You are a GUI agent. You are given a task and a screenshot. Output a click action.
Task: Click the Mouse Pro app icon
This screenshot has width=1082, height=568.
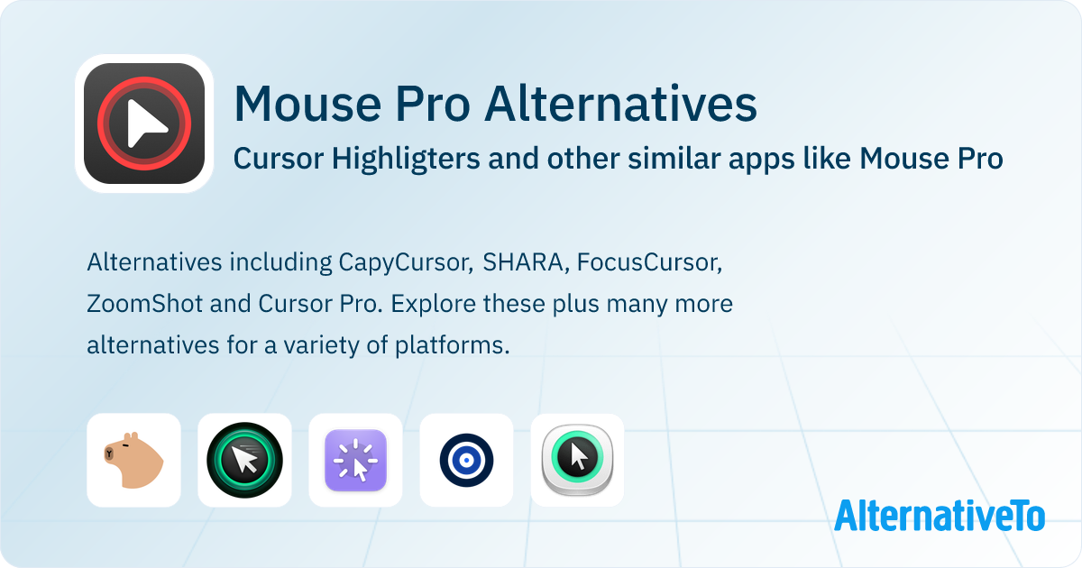[144, 124]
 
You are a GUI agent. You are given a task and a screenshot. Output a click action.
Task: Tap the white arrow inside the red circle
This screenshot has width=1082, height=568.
[147, 123]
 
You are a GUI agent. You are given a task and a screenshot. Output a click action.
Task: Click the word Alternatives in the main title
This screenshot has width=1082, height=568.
[620, 104]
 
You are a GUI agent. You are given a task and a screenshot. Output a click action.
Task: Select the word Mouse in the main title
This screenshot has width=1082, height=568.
[307, 104]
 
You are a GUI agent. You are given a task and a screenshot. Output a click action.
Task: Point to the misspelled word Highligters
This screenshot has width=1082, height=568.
[406, 159]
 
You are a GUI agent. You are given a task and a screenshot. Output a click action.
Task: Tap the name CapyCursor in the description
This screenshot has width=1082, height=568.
[406, 263]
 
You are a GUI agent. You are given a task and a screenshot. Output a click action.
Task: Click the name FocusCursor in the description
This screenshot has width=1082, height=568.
[649, 262]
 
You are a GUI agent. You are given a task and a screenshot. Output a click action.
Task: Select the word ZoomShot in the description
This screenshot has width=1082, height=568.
[145, 304]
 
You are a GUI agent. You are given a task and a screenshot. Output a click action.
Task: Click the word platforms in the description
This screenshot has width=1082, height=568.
[452, 346]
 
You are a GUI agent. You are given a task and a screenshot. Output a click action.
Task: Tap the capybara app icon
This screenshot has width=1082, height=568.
[133, 461]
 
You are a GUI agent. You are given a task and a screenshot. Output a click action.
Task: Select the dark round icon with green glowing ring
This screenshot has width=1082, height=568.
[244, 461]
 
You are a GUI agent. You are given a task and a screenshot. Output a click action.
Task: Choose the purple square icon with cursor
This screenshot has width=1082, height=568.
[355, 461]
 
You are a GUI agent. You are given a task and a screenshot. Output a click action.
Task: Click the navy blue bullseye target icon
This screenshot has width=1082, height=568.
[467, 461]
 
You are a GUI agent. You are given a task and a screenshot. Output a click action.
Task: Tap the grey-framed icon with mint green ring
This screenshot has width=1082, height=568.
[577, 459]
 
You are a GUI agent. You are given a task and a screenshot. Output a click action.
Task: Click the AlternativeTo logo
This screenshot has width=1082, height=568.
[940, 516]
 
